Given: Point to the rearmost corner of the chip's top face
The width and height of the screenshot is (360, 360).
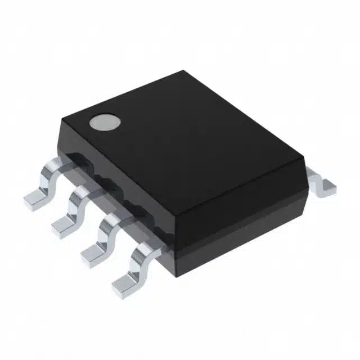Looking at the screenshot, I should click(x=183, y=71).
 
